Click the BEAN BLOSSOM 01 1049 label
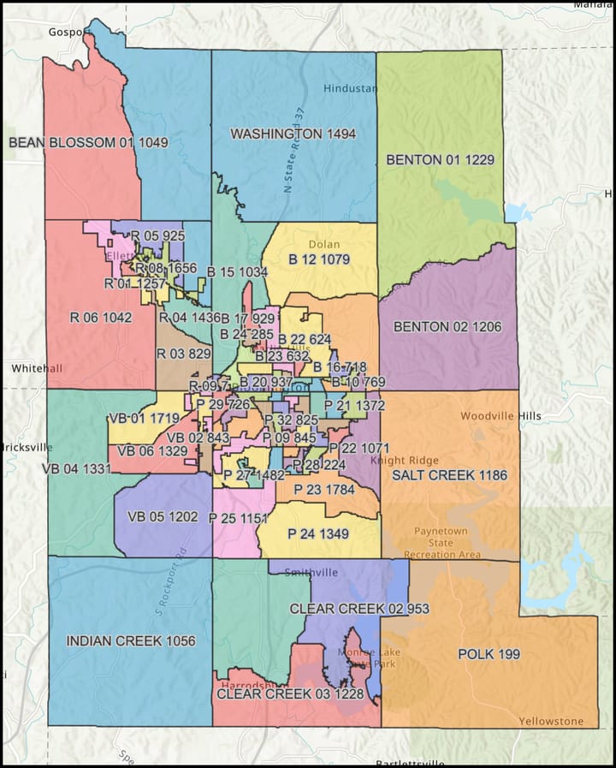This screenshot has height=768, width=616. (88, 142)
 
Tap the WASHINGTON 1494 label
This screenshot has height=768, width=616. (293, 134)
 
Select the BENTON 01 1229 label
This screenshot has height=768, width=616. (440, 159)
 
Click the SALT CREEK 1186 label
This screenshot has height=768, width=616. (450, 474)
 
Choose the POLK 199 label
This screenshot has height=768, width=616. (489, 654)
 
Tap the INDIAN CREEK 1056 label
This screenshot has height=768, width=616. (131, 640)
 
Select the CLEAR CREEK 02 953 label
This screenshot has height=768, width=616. (358, 609)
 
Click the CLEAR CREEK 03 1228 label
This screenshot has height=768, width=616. (290, 694)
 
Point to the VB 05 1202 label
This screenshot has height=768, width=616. (163, 517)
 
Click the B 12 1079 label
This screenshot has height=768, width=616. (319, 259)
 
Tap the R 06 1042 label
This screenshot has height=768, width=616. (100, 317)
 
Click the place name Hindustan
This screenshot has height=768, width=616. (349, 89)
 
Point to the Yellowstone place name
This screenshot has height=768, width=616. (551, 721)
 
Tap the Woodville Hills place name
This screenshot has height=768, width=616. (500, 416)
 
